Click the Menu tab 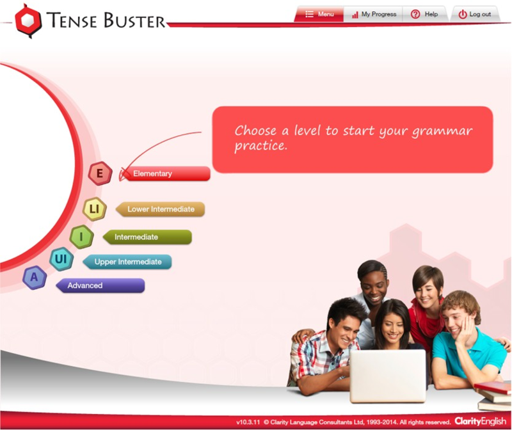point(319,14)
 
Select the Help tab point(425,14)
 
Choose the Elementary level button point(166,173)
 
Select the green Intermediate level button point(147,237)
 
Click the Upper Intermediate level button point(127,262)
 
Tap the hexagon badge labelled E point(100,173)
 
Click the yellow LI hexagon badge point(94,209)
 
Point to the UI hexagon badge point(61,259)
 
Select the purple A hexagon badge point(34,278)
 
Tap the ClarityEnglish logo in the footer point(480,422)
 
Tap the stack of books point(495,396)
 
